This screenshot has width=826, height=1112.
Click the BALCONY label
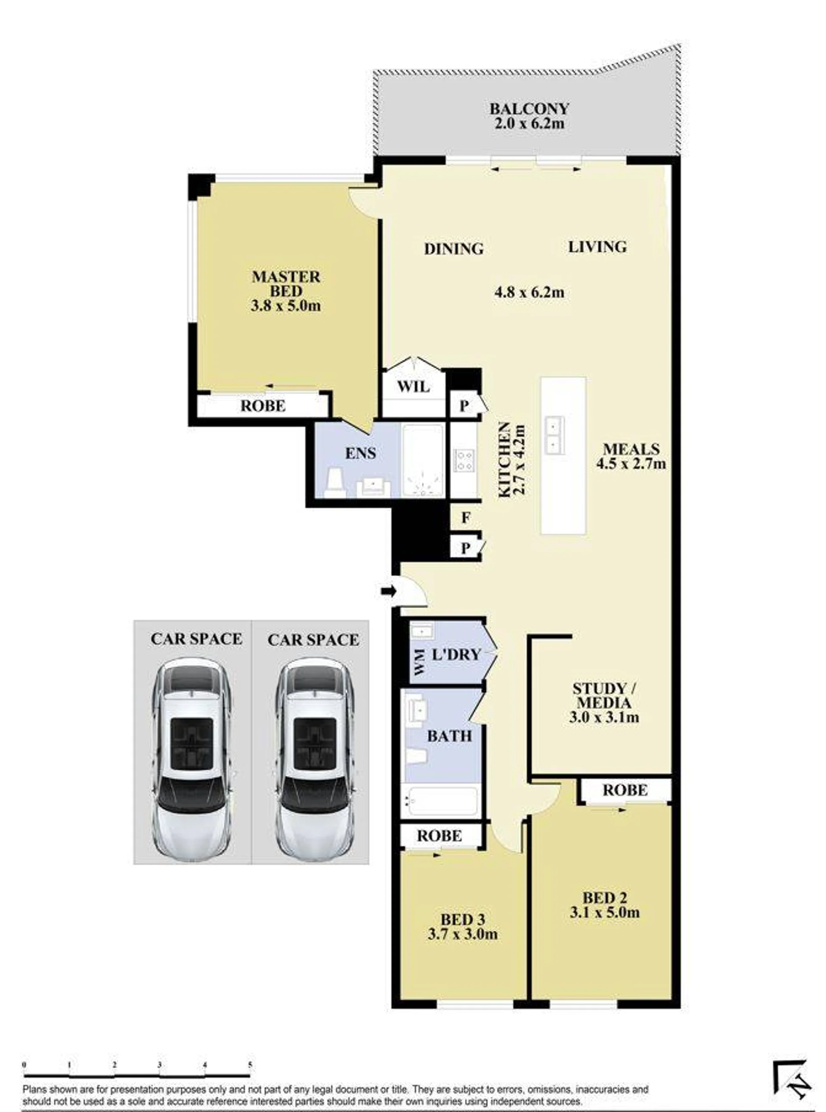point(529,108)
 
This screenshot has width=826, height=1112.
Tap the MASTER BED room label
point(286,284)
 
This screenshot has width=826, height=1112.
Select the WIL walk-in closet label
point(413,387)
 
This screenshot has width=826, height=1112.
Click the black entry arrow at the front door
point(389,591)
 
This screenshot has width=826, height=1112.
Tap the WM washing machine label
point(419,662)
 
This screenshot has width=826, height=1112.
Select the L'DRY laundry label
point(455,654)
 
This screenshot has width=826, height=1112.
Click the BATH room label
point(449,736)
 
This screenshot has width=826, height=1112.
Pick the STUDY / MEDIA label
point(604,695)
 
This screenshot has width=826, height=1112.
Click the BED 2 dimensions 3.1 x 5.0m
point(604,912)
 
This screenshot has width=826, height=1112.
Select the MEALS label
point(631,449)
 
